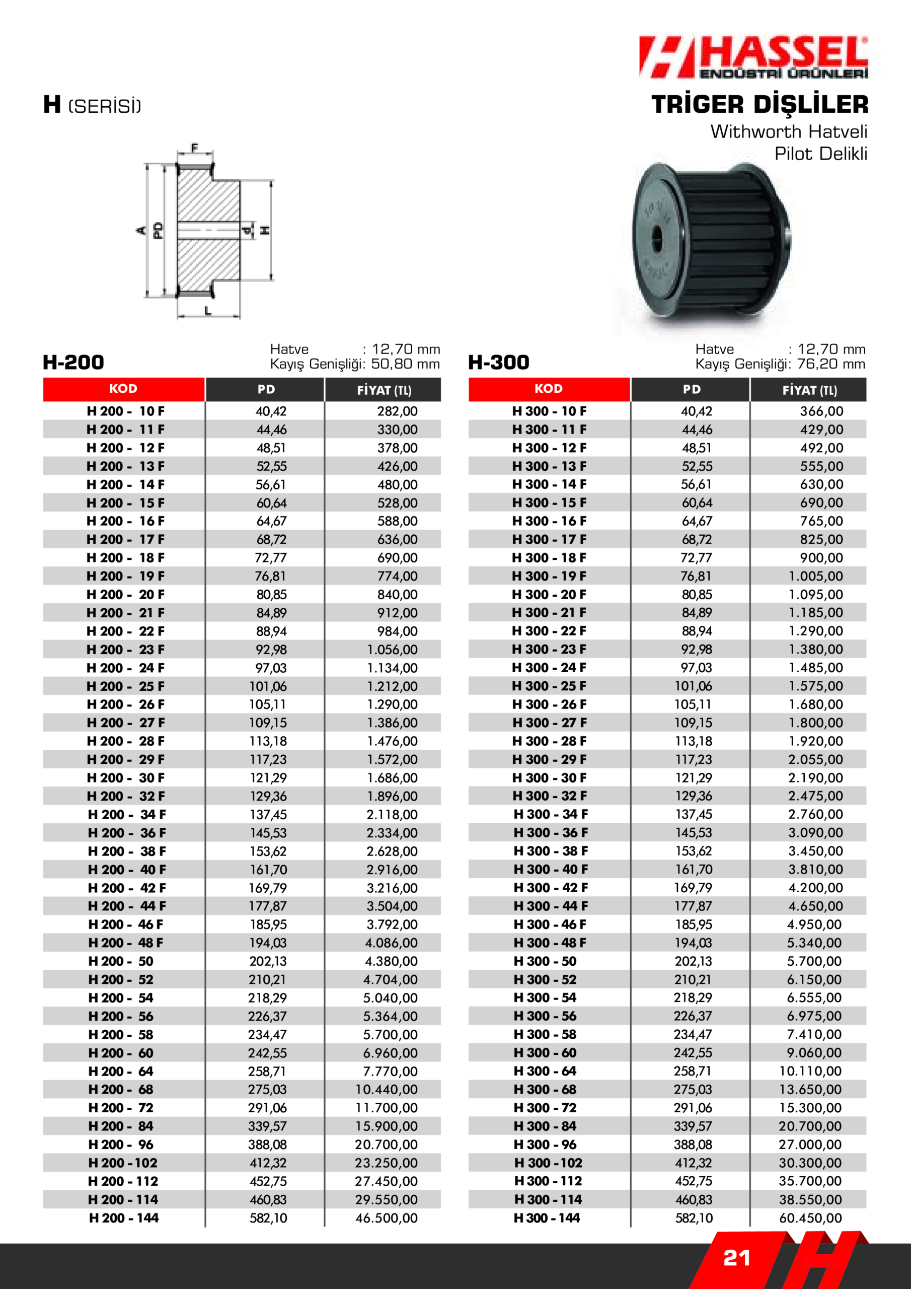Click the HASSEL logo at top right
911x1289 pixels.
coord(753,57)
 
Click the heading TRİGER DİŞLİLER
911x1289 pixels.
coord(760,104)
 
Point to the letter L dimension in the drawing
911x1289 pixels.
coord(208,310)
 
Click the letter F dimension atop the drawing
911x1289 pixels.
coord(195,148)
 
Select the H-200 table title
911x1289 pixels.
coord(73,362)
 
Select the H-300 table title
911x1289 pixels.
coord(498,362)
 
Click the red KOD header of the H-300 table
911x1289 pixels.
coord(549,389)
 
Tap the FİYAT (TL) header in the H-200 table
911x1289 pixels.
coord(384,390)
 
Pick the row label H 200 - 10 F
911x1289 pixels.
coord(125,411)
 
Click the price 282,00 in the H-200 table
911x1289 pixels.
coord(397,411)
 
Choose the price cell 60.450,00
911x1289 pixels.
coord(810,1218)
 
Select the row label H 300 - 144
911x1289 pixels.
coord(547,1218)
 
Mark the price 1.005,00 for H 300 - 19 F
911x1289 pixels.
coord(815,576)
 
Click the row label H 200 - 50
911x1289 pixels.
coord(121,961)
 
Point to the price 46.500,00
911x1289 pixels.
coord(386,1218)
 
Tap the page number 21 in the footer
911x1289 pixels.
coord(736,1258)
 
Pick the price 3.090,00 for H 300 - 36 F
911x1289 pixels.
coord(815,833)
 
